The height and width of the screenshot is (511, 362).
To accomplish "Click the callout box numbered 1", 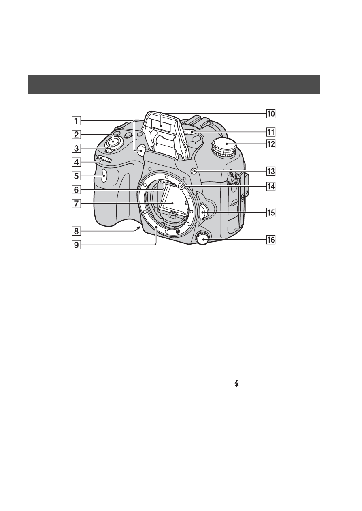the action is pyautogui.click(x=76, y=121).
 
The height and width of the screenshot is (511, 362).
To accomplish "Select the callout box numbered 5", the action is pyautogui.click(x=76, y=176).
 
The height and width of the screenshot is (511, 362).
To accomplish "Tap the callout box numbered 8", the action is pyautogui.click(x=76, y=231).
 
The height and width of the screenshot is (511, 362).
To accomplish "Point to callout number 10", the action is pyautogui.click(x=271, y=114).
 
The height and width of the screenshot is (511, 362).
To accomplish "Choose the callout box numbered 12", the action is pyautogui.click(x=271, y=144).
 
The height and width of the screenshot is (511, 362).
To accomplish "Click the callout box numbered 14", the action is pyautogui.click(x=271, y=187).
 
